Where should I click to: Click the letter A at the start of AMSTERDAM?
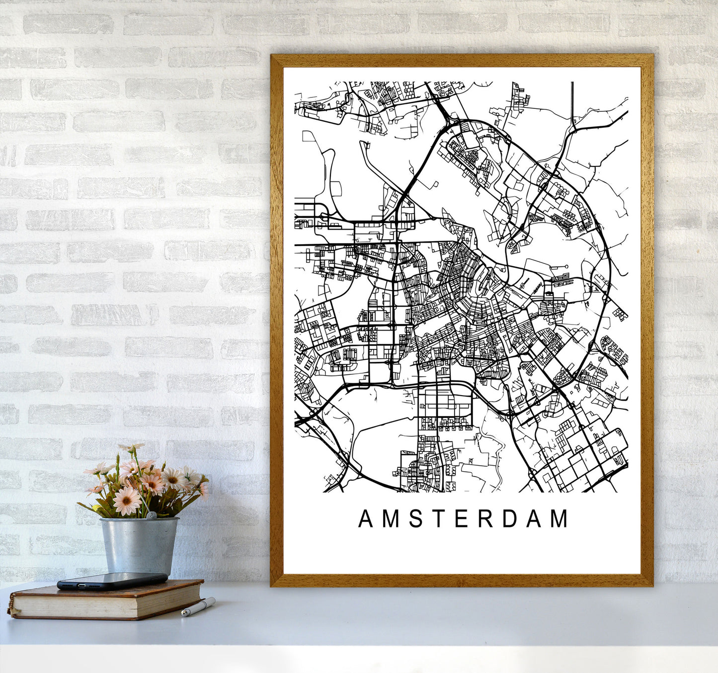tap(365, 519)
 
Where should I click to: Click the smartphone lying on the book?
tap(112, 581)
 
